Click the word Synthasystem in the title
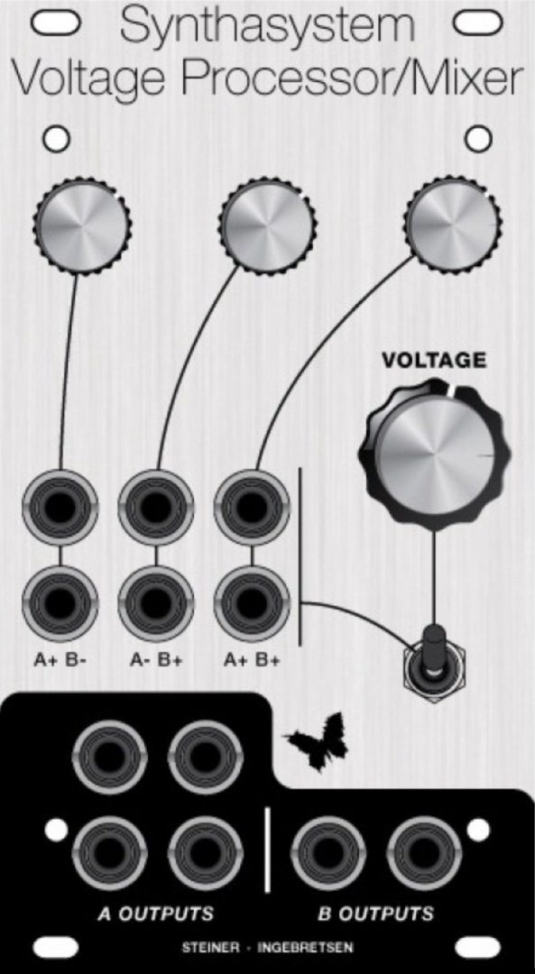point(267,27)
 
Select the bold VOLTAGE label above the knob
point(434,360)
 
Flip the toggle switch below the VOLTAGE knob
point(434,665)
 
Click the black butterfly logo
point(317,741)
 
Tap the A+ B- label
point(60,659)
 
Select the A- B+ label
point(156,659)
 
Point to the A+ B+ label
point(252,659)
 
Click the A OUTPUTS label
point(155,914)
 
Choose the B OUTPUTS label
point(375,914)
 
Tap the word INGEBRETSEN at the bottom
point(305,948)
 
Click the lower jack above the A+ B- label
point(60,603)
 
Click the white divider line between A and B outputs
point(268,850)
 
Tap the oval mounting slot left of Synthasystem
point(56,23)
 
